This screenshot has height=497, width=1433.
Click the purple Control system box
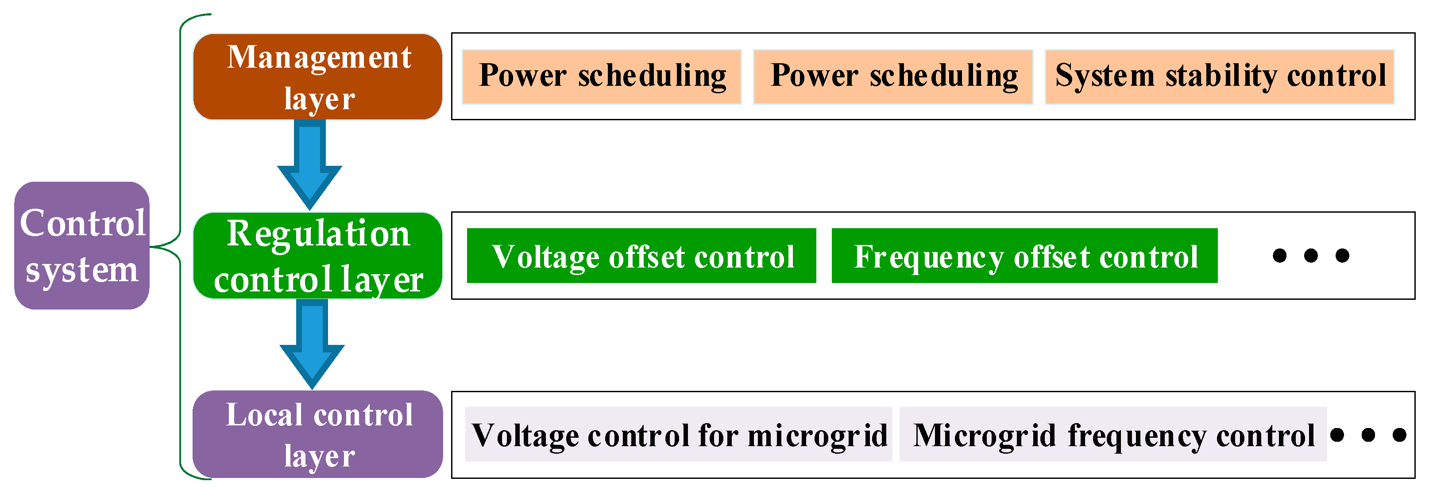(82, 245)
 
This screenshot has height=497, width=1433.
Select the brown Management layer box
(318, 77)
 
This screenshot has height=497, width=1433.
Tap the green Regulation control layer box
(318, 256)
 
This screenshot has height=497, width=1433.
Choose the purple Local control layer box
(318, 434)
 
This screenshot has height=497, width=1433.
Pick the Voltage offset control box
(641, 256)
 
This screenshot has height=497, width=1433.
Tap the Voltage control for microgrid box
(678, 434)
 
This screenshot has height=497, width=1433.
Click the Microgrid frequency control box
(1112, 434)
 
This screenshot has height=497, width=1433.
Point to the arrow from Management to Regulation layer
(309, 164)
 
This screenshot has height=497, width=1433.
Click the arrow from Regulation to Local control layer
(312, 344)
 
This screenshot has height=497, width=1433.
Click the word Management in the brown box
(319, 57)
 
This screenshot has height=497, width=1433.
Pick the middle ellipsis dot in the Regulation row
(1311, 255)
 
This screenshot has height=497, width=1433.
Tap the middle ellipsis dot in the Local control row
(1368, 435)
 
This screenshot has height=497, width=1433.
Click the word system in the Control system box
(82, 270)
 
